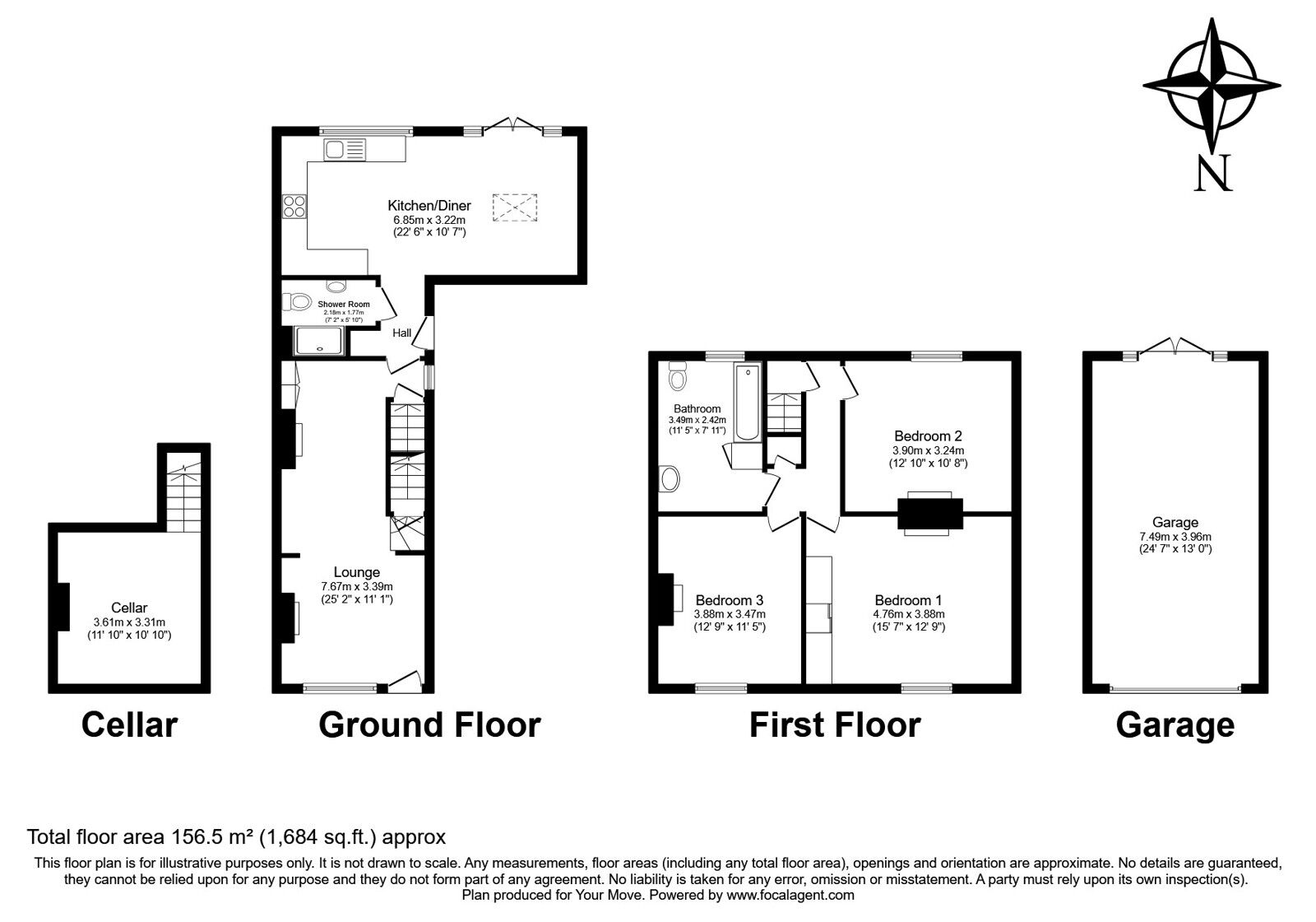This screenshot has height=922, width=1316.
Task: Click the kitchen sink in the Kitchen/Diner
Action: [345, 150]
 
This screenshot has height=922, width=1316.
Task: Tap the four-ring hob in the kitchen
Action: [294, 206]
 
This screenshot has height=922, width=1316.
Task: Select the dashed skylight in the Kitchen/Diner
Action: [514, 207]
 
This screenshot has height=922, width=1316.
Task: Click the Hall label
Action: [402, 333]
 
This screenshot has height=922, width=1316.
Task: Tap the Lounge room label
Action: [356, 572]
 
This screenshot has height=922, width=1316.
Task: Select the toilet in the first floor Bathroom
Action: [678, 376]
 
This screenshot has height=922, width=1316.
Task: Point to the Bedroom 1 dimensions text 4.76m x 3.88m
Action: [908, 614]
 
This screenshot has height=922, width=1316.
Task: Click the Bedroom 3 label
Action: [730, 600]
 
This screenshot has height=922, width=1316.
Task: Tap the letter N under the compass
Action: [1213, 174]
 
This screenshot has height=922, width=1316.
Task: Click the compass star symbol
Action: [1212, 85]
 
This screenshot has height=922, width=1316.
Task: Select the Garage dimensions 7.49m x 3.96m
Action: [1175, 535]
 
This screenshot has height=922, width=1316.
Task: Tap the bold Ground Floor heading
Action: [429, 725]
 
